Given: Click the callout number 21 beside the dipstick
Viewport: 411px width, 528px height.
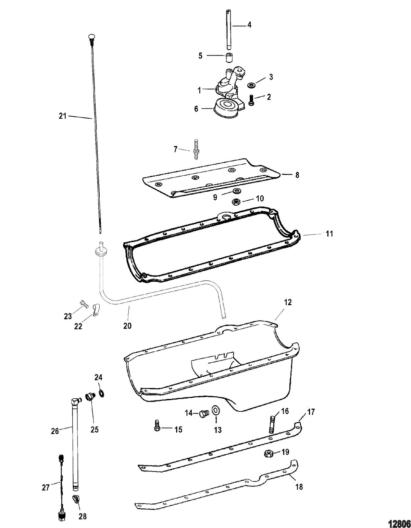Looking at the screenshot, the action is point(63,116).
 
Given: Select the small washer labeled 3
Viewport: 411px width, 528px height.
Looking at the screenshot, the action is point(251,85).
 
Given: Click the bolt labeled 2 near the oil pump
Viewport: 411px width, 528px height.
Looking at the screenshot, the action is point(251,100).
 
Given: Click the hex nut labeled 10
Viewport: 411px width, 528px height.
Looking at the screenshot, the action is point(236,201).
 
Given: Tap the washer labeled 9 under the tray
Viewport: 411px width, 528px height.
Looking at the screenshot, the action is point(235,191).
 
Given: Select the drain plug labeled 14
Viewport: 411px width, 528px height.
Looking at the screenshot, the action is point(204,413).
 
